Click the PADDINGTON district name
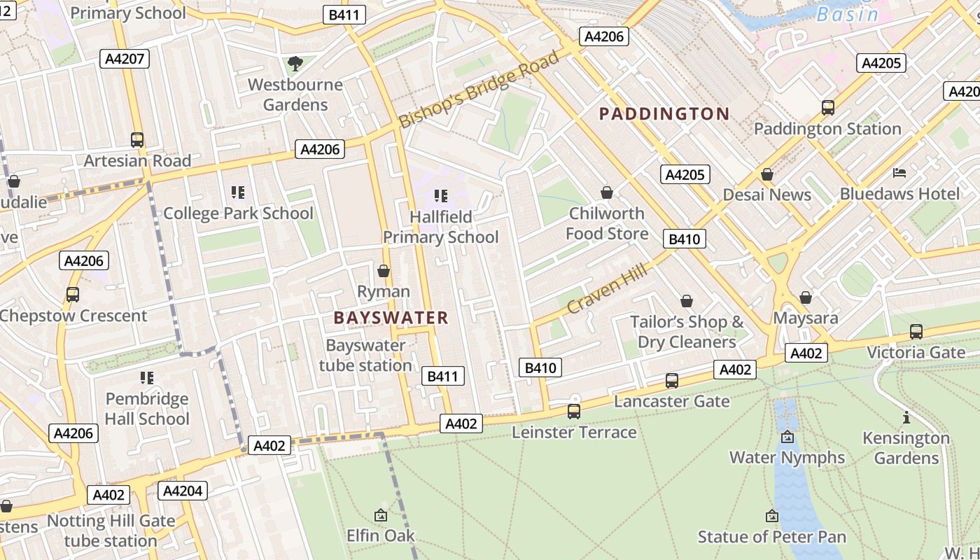click(x=664, y=113)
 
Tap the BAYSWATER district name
click(x=391, y=318)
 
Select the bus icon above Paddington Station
click(x=828, y=108)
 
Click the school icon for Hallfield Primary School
click(x=440, y=195)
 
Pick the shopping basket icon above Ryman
click(x=384, y=270)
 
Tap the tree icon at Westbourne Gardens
click(x=295, y=64)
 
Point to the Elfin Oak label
click(x=381, y=535)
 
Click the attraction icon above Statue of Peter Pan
click(x=772, y=516)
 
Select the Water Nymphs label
click(x=787, y=457)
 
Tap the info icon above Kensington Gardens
click(x=906, y=418)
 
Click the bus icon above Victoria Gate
click(x=916, y=331)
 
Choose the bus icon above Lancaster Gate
click(x=672, y=380)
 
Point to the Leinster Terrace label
click(x=574, y=432)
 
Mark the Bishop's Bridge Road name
click(x=479, y=89)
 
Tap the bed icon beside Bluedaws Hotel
click(x=900, y=172)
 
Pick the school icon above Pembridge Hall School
click(x=147, y=378)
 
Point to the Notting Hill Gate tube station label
click(x=111, y=531)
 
